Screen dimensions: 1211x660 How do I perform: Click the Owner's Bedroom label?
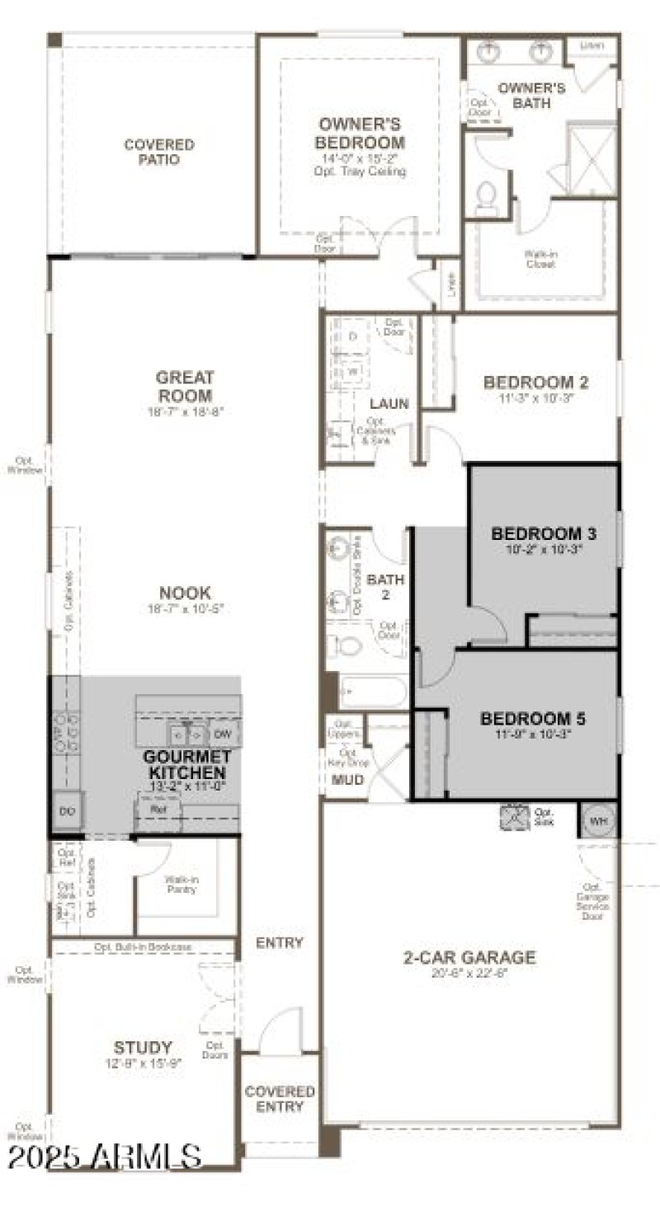(361, 134)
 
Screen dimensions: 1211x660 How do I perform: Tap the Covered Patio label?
(159, 152)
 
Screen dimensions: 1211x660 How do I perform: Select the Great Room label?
(185, 387)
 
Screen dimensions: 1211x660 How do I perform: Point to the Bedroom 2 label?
(535, 383)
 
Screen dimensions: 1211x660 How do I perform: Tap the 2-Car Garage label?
(469, 957)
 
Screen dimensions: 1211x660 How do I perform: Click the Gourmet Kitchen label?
(186, 765)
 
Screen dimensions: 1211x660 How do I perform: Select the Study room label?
(143, 1047)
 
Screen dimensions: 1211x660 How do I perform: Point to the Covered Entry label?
(280, 1099)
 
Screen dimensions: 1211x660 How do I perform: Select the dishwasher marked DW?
(221, 733)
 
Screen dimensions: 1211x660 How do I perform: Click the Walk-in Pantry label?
(181, 884)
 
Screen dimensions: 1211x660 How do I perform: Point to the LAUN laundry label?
(390, 404)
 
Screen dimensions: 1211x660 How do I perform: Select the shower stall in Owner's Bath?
(592, 159)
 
